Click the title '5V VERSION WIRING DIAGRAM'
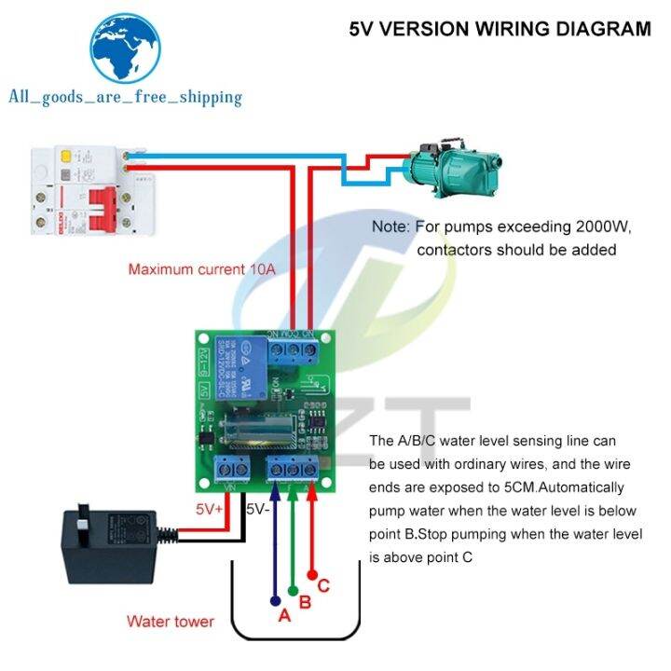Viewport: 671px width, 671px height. click(500, 28)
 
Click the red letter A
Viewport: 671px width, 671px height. click(285, 616)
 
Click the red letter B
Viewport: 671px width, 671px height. click(304, 602)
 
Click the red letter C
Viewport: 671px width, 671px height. click(323, 586)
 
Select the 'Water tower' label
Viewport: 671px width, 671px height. click(171, 621)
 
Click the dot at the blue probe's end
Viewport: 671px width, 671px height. click(275, 600)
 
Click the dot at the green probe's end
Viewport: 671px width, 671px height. click(294, 589)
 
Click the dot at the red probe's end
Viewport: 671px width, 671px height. click(312, 575)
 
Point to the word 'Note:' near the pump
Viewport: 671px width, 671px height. click(391, 226)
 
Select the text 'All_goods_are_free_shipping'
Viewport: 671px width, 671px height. click(125, 97)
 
